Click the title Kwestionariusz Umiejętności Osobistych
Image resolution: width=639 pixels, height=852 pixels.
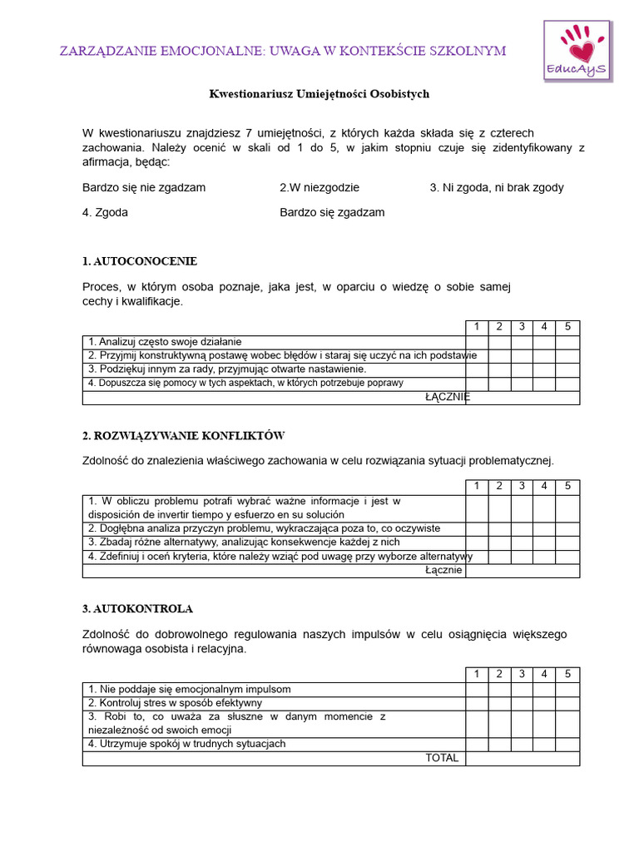point(319,94)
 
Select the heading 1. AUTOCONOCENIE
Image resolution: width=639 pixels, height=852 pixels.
point(140,261)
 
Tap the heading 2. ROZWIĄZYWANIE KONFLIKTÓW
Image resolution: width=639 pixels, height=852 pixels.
point(184,435)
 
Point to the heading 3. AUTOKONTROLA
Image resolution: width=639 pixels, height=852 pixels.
point(137,609)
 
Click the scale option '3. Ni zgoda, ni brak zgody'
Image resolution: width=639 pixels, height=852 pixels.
point(496,187)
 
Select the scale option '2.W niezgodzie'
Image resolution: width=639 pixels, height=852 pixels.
point(319,187)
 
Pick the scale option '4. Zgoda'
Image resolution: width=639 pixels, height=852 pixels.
point(105,212)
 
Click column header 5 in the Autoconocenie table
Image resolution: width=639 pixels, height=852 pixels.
point(567,327)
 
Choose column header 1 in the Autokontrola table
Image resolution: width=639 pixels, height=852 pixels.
point(477,674)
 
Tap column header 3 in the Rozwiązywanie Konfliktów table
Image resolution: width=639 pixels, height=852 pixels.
point(522,486)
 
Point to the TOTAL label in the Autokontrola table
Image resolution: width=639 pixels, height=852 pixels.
point(442,758)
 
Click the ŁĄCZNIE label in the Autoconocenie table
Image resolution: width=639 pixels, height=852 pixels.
point(447,398)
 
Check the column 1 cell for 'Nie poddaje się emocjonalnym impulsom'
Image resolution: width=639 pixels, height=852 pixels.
point(477,690)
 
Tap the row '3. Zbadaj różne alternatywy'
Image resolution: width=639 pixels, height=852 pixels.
point(232,542)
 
